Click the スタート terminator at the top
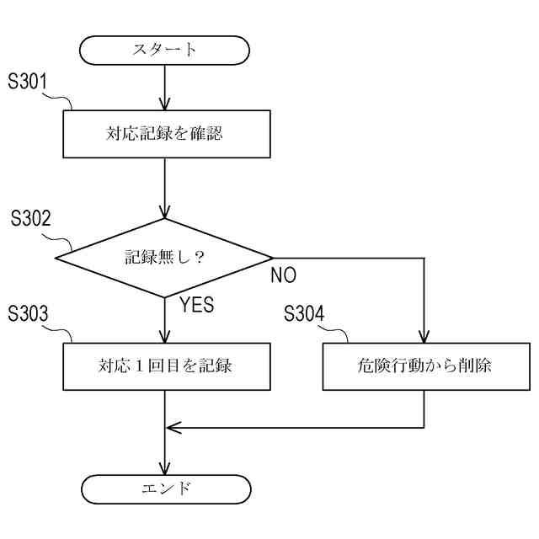[x=164, y=50]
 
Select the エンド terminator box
[x=164, y=488]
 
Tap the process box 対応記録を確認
[x=164, y=133]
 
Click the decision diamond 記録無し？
[x=164, y=257]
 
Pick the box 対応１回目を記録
[x=164, y=366]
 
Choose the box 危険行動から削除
[x=424, y=366]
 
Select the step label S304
[x=304, y=314]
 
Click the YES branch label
[x=197, y=305]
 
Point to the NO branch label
[x=283, y=276]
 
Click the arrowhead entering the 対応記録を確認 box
[x=164, y=104]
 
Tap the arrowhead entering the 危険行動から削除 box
[x=424, y=336]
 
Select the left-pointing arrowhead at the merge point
[x=173, y=426]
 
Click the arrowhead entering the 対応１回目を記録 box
[x=164, y=336]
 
